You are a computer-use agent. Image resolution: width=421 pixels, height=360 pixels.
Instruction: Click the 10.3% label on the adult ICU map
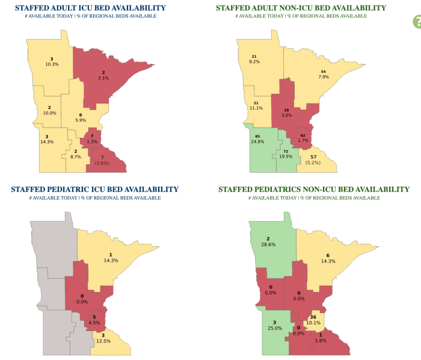click(52, 64)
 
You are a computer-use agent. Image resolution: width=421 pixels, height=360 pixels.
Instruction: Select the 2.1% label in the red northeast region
click(103, 78)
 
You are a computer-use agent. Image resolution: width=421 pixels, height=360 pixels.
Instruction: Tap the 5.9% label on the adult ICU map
click(80, 120)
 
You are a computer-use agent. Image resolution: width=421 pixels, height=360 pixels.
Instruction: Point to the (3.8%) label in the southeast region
click(102, 163)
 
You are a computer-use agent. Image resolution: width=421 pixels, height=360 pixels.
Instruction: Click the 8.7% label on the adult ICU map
click(75, 157)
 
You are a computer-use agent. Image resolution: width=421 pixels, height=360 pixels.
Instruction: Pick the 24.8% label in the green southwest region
click(258, 142)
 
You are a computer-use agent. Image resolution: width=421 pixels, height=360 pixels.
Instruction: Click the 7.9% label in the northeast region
click(324, 76)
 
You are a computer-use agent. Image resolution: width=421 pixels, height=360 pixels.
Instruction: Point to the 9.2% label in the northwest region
click(254, 61)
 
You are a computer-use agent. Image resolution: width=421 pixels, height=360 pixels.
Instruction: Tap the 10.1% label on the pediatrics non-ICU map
click(313, 322)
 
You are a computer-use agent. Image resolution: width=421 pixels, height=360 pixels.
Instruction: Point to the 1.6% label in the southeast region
click(321, 340)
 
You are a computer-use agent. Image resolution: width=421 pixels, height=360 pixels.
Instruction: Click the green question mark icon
click(416, 22)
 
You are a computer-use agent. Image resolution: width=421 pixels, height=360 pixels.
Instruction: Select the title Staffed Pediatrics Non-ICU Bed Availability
click(313, 189)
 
